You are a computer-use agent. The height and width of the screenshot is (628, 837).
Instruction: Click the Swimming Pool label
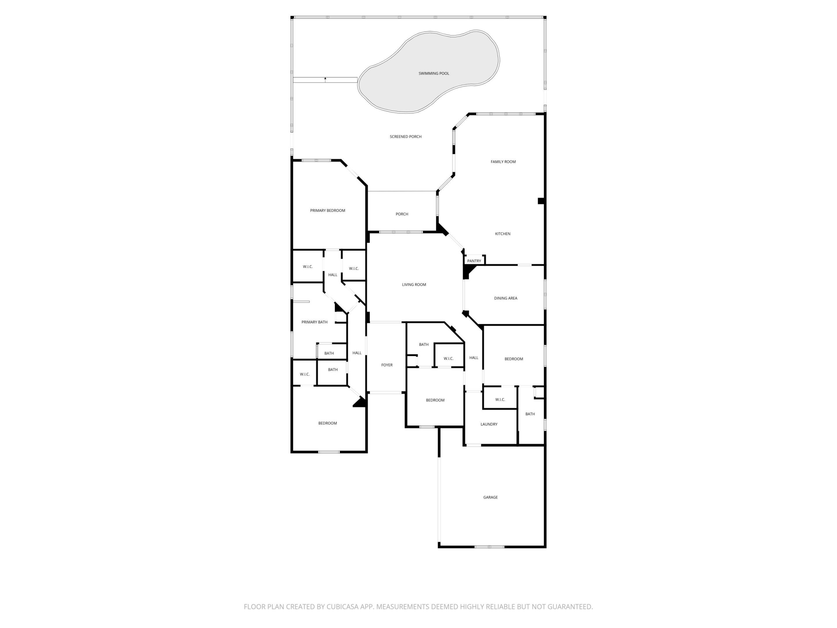coord(434,74)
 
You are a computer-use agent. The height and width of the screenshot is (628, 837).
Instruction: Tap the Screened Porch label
coord(406,137)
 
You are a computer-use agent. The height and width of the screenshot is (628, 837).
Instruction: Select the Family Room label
coord(503,162)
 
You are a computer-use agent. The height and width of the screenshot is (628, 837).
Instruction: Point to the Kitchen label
coord(502,234)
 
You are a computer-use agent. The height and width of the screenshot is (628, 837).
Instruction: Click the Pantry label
coord(474,261)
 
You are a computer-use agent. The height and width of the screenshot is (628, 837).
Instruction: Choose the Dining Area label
coord(505,298)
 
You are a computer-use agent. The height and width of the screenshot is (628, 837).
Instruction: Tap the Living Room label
coord(414,285)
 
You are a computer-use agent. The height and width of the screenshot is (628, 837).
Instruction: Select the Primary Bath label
coord(314,322)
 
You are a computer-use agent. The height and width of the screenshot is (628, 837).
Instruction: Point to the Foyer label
coord(387,365)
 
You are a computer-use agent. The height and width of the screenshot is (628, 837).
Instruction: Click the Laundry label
coord(489,424)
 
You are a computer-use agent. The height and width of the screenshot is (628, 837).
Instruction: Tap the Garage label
coord(490,497)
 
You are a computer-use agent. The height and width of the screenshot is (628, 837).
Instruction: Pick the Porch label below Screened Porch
coord(402,214)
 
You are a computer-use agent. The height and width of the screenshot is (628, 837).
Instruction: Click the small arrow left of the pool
coord(325,79)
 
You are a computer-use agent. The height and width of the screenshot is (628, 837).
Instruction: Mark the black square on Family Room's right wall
coord(541,201)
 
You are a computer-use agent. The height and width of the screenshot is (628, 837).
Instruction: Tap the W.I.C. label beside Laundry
coord(500,400)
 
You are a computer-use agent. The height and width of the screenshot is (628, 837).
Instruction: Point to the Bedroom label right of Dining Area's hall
coord(514,359)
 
